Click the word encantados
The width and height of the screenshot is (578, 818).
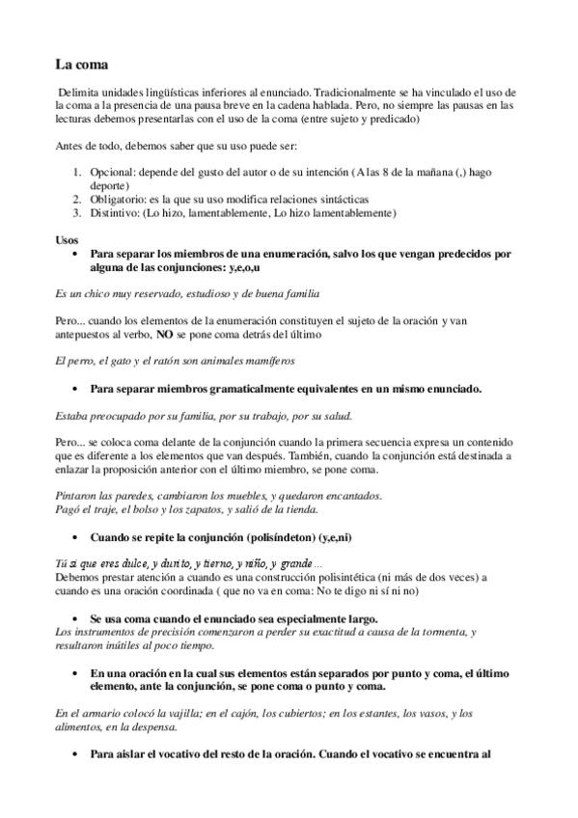pos(348,496)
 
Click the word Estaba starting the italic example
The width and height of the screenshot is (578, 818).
pos(70,415)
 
